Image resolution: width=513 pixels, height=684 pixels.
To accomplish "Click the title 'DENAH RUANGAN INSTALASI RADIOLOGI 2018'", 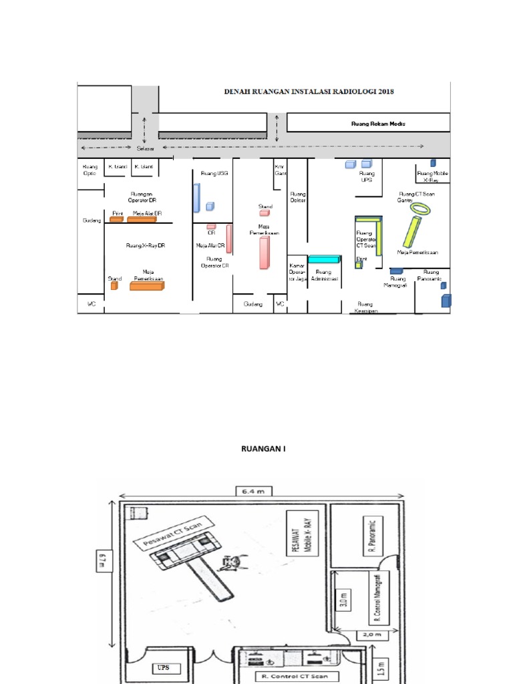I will [309, 92].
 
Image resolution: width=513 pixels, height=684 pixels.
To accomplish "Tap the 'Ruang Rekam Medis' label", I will [378, 124].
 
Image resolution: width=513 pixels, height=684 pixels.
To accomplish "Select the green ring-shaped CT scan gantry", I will [421, 208].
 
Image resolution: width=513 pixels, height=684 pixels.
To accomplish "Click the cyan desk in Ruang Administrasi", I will [323, 259].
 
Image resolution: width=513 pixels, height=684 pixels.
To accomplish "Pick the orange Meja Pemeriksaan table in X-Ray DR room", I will [146, 286].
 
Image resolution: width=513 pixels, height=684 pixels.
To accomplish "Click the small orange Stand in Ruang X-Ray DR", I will [114, 286].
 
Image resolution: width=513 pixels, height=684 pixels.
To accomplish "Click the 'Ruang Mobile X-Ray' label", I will [432, 176].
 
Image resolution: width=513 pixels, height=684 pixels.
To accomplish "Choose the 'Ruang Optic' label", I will [89, 169].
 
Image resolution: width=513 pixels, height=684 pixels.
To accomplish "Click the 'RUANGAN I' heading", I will [263, 448].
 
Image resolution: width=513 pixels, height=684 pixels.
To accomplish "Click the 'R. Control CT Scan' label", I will [287, 676].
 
